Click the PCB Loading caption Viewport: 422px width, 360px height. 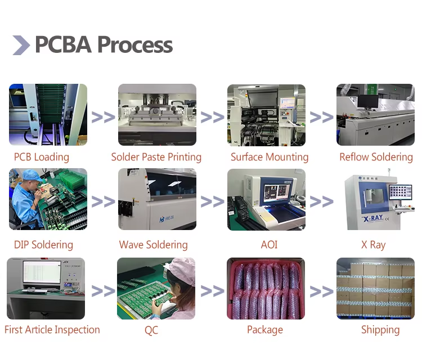(x=42, y=157)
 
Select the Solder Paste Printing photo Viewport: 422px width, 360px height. (x=157, y=115)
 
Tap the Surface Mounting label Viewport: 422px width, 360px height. (x=270, y=157)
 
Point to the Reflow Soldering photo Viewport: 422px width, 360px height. (x=375, y=115)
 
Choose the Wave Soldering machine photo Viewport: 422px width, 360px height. (x=157, y=199)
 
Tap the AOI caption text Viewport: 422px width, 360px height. (x=269, y=245)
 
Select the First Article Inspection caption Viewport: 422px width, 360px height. (x=52, y=330)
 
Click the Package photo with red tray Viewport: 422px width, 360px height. (x=266, y=288)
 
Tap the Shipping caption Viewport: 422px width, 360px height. (x=380, y=330)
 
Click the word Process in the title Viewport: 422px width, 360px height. (x=135, y=44)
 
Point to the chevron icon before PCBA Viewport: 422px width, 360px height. (x=21, y=45)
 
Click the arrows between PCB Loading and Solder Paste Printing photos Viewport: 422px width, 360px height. (x=103, y=117)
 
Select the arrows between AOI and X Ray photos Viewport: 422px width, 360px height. (x=321, y=201)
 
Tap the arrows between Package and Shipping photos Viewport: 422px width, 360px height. (x=321, y=291)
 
